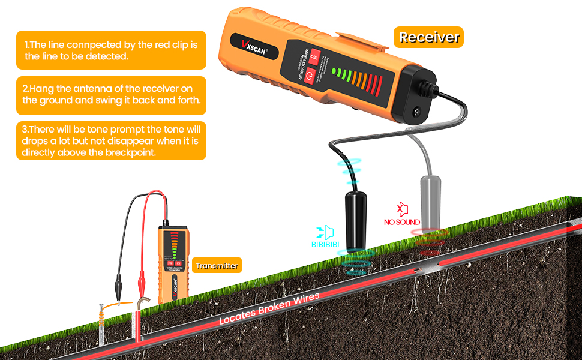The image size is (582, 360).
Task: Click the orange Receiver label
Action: (429, 37)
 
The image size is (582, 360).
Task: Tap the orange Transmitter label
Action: (217, 265)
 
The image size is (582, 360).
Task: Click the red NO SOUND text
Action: (402, 222)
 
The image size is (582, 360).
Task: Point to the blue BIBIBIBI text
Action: (326, 244)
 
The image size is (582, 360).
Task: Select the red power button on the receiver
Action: (310, 76)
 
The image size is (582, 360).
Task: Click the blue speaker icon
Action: (326, 232)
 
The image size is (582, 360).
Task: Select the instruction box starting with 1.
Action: (111, 50)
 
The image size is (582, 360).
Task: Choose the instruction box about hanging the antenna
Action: (111, 95)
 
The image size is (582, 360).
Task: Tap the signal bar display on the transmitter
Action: (173, 245)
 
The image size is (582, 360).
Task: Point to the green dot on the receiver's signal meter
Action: (334, 71)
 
